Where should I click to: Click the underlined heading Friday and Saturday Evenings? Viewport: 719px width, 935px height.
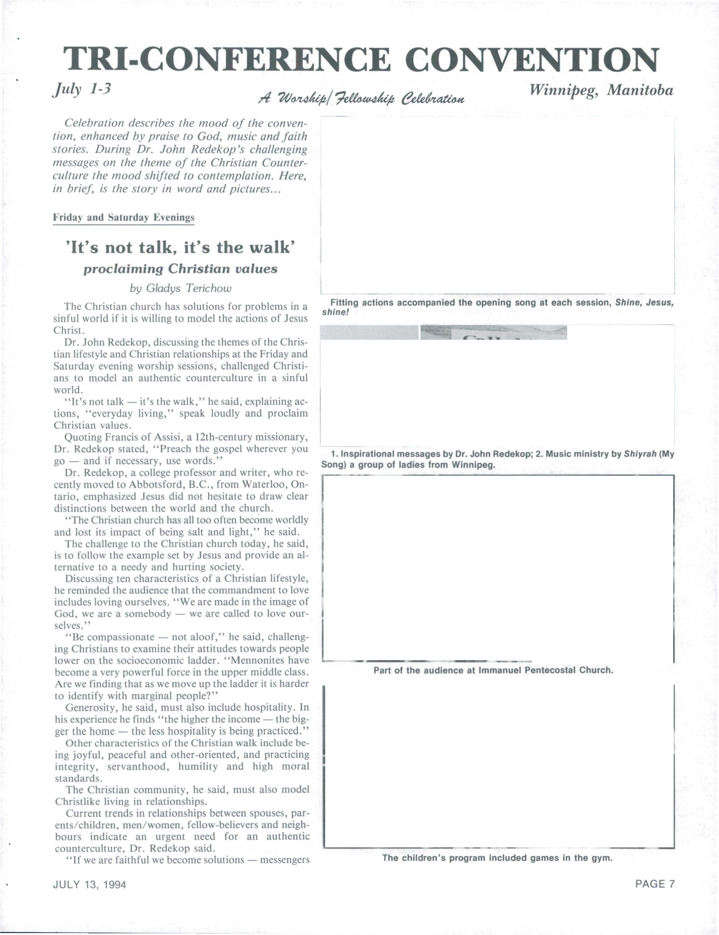123,217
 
